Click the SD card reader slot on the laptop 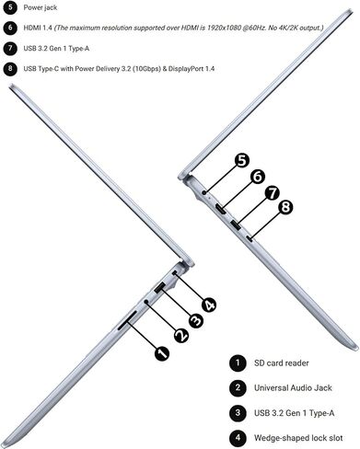pyautogui.click(x=127, y=321)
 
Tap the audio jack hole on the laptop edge pyautogui.click(x=146, y=302)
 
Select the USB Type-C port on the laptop pyautogui.click(x=250, y=238)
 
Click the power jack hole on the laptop pyautogui.click(x=204, y=192)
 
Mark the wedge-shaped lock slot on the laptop pyautogui.click(x=175, y=273)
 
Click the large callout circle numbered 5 pyautogui.click(x=242, y=160)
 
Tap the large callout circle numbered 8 pyautogui.click(x=285, y=207)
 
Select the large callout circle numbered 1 pyautogui.click(x=162, y=353)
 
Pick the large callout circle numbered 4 pyautogui.click(x=209, y=305)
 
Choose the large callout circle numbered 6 pyautogui.click(x=257, y=177)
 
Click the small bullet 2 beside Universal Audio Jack pyautogui.click(x=238, y=387)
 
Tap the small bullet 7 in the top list pyautogui.click(x=10, y=48)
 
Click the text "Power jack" pyautogui.click(x=41, y=7)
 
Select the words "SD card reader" pyautogui.click(x=281, y=363)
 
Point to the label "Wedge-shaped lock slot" pyautogui.click(x=298, y=438)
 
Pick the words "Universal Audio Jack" pyautogui.click(x=293, y=388)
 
